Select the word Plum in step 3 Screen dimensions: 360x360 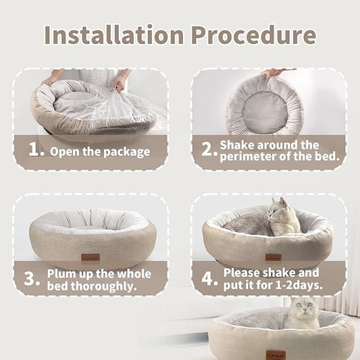point(61,274)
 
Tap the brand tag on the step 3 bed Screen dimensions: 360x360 point(91,257)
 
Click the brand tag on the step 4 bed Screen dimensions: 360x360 point(274,257)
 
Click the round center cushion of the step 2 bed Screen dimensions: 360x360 point(264,107)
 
